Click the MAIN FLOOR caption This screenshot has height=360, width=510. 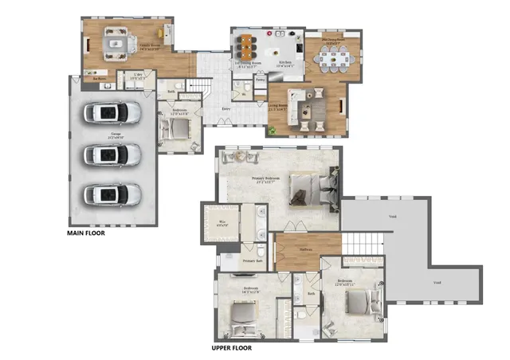pyautogui.click(x=86, y=234)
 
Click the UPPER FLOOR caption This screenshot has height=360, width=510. pyautogui.click(x=232, y=348)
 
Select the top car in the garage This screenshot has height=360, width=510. pyautogui.click(x=112, y=112)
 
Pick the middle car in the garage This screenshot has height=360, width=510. pyautogui.click(x=112, y=153)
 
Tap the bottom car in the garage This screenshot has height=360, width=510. pyautogui.click(x=112, y=194)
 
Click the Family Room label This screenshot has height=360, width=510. pyautogui.click(x=151, y=48)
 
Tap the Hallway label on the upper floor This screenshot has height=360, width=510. pyautogui.click(x=307, y=248)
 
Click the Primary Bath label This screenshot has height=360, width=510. pyautogui.click(x=253, y=261)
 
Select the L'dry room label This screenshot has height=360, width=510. pyautogui.click(x=137, y=76)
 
